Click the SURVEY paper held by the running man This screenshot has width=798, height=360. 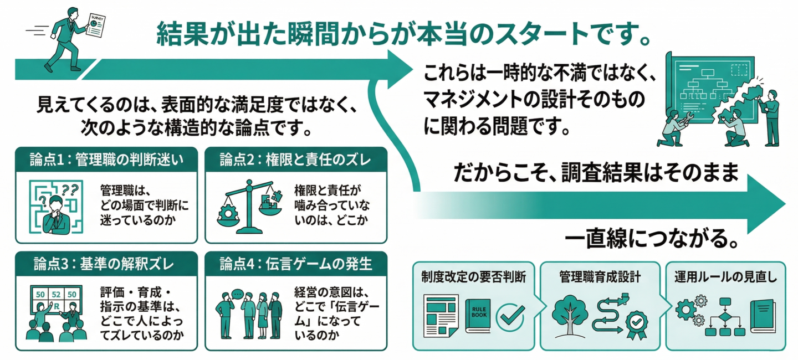tap(96, 25)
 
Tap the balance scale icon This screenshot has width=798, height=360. tap(249, 205)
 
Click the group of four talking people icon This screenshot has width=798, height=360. tap(249, 312)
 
